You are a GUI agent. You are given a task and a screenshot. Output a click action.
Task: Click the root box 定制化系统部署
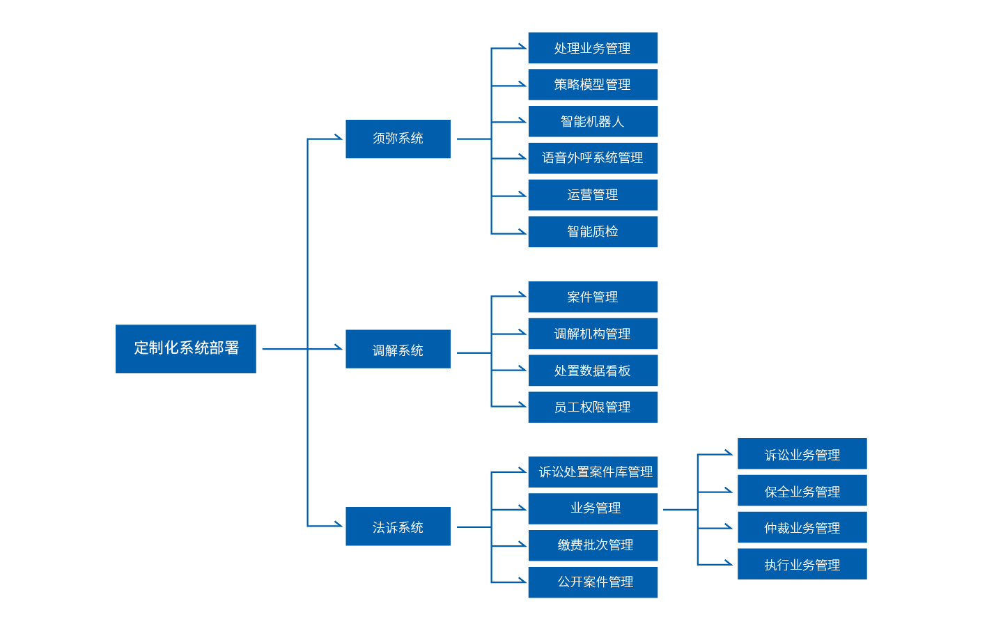click(186, 348)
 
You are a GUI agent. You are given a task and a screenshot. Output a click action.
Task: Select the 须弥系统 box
click(398, 139)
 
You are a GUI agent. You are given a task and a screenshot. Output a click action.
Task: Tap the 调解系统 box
click(398, 349)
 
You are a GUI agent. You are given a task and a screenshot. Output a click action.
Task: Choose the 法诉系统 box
click(398, 527)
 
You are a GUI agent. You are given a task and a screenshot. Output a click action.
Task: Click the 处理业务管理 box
click(593, 47)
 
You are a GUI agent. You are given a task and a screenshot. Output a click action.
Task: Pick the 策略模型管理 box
click(593, 84)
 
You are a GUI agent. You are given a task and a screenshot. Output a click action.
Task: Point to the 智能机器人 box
click(593, 121)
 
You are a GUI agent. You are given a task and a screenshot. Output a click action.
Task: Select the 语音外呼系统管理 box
click(593, 158)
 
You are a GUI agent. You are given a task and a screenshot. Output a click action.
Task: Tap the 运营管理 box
click(593, 195)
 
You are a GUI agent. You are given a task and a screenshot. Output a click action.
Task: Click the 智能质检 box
click(593, 231)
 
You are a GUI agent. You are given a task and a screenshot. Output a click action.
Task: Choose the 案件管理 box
click(593, 297)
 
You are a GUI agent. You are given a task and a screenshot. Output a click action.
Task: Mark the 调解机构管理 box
click(593, 334)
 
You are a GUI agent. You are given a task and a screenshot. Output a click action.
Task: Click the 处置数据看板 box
click(593, 371)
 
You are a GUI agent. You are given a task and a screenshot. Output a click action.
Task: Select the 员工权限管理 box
click(593, 407)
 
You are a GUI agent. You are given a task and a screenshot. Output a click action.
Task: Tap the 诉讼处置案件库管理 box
click(593, 472)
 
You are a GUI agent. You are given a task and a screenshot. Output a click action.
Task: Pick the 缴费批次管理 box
click(593, 545)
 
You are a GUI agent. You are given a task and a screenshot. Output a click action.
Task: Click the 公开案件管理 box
click(593, 582)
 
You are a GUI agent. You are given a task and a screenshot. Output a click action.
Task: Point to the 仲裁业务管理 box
click(802, 527)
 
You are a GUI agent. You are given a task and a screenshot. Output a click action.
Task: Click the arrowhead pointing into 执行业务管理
click(729, 563)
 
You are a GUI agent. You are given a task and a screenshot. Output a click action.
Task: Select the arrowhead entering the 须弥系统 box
click(339, 137)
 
